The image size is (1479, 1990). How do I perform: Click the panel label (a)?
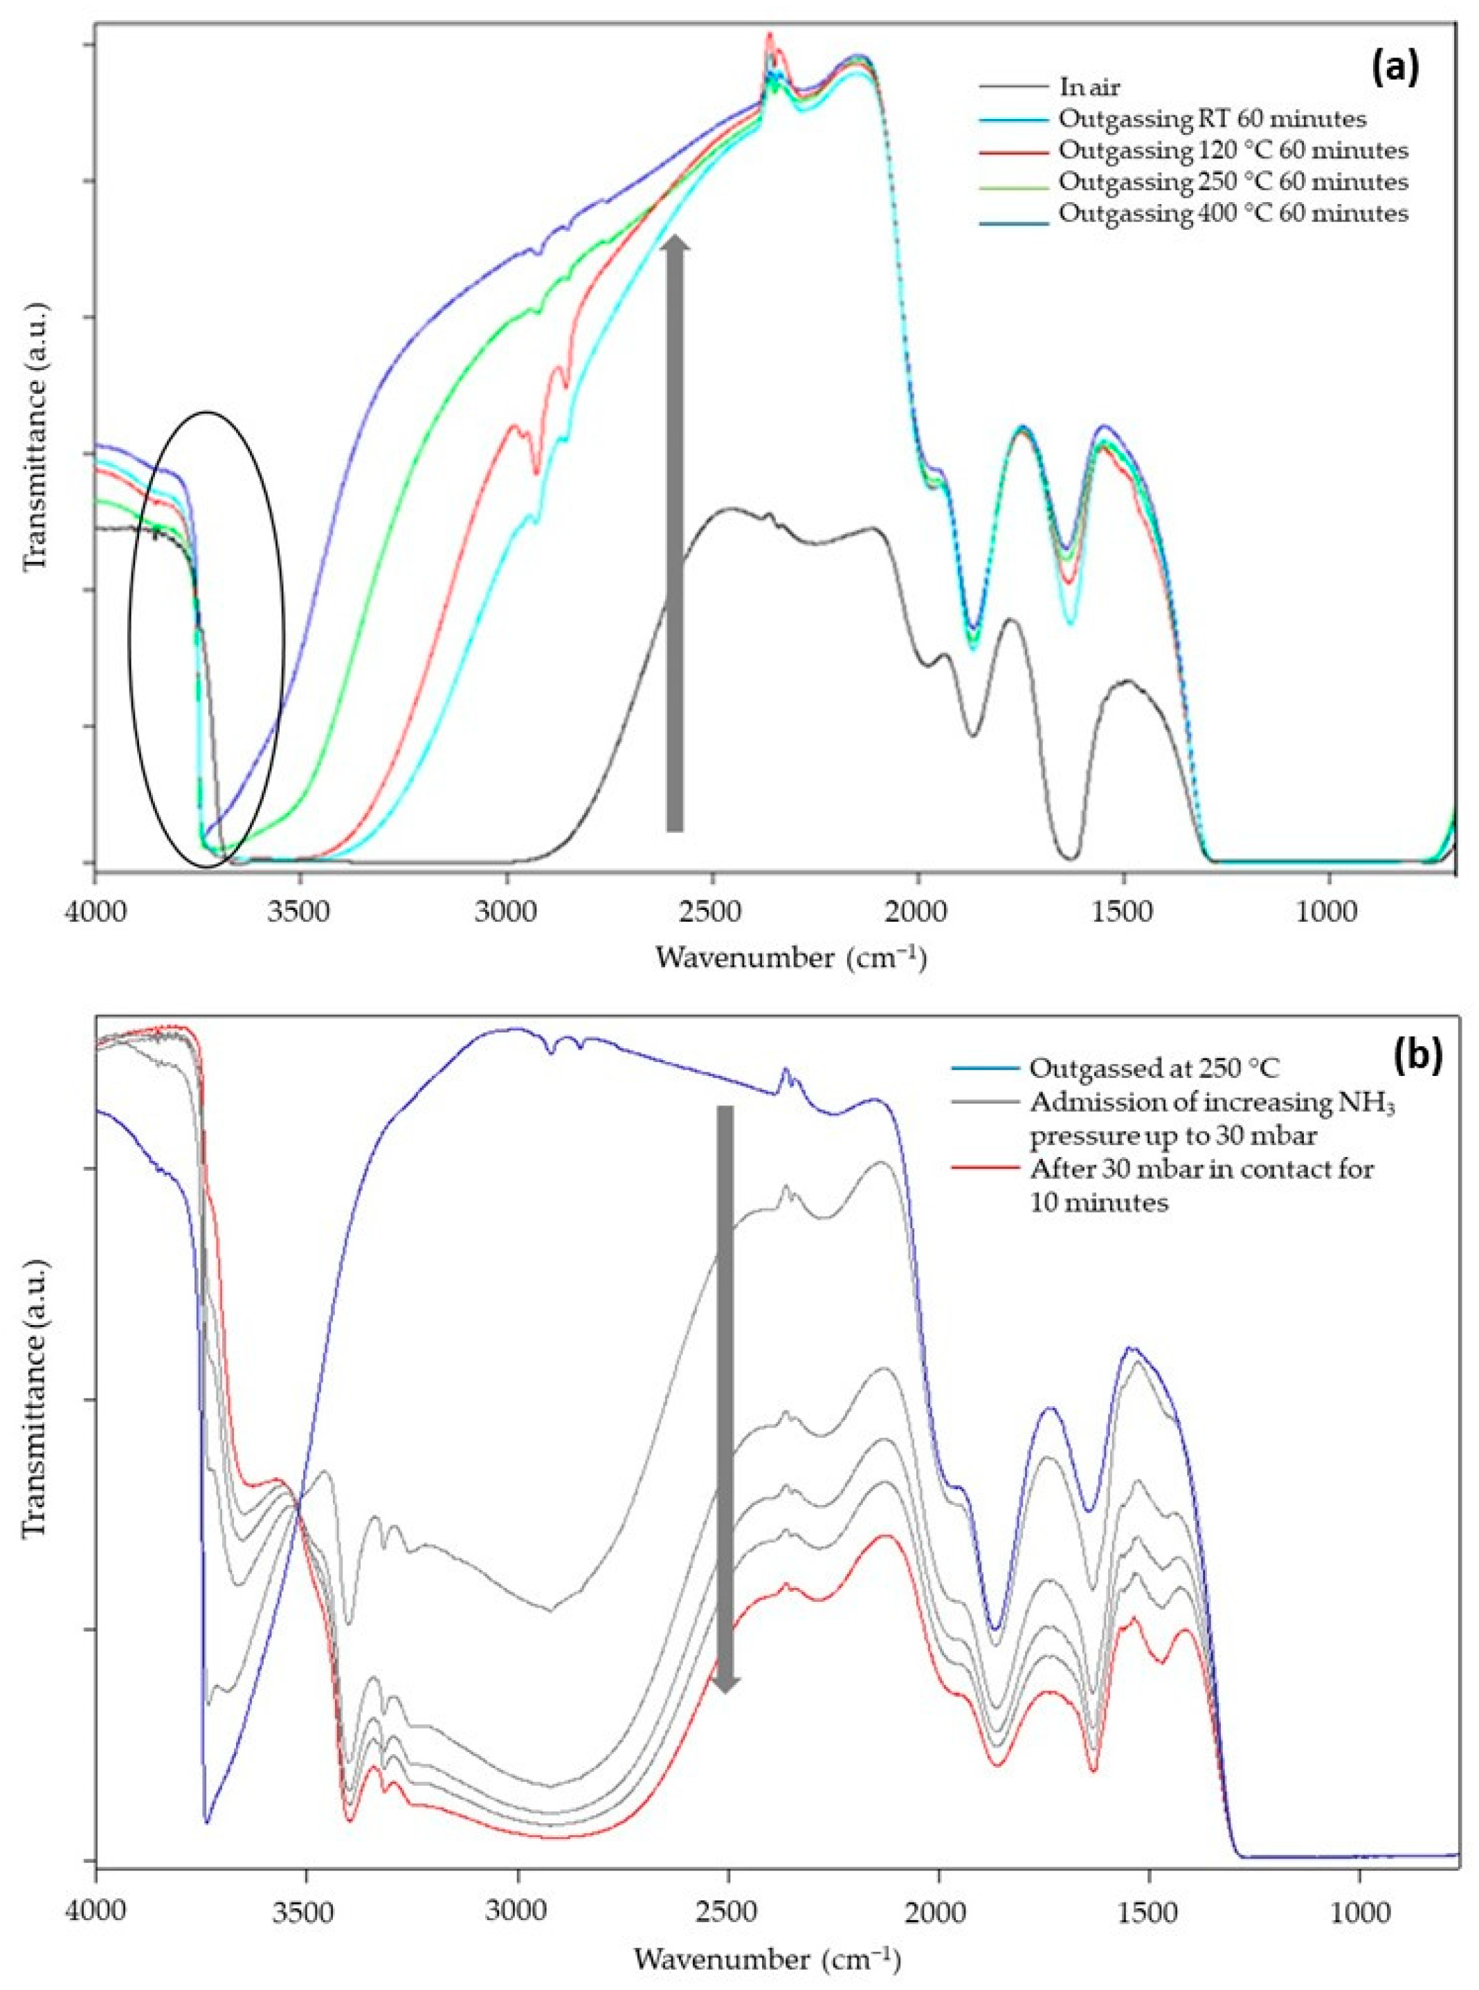[1394, 68]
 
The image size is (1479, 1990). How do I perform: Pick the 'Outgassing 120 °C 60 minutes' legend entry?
[1232, 149]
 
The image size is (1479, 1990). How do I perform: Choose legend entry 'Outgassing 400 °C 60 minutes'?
[1232, 214]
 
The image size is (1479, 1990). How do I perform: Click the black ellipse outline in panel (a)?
[131, 627]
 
